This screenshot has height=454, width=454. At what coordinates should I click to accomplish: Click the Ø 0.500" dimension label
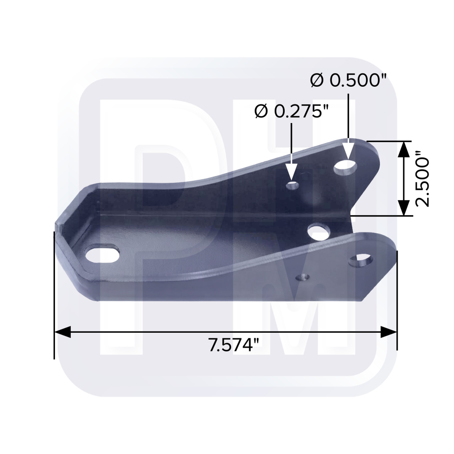point(349,80)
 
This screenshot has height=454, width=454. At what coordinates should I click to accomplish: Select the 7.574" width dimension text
point(233,345)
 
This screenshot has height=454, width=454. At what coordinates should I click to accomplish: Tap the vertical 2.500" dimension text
point(422,183)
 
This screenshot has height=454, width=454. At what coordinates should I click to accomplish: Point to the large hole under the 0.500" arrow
point(345,168)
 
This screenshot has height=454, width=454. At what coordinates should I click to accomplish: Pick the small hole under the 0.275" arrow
point(293,185)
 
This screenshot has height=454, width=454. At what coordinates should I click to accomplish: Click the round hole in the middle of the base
point(319,232)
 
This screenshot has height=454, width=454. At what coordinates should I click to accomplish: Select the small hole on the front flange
point(302,277)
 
